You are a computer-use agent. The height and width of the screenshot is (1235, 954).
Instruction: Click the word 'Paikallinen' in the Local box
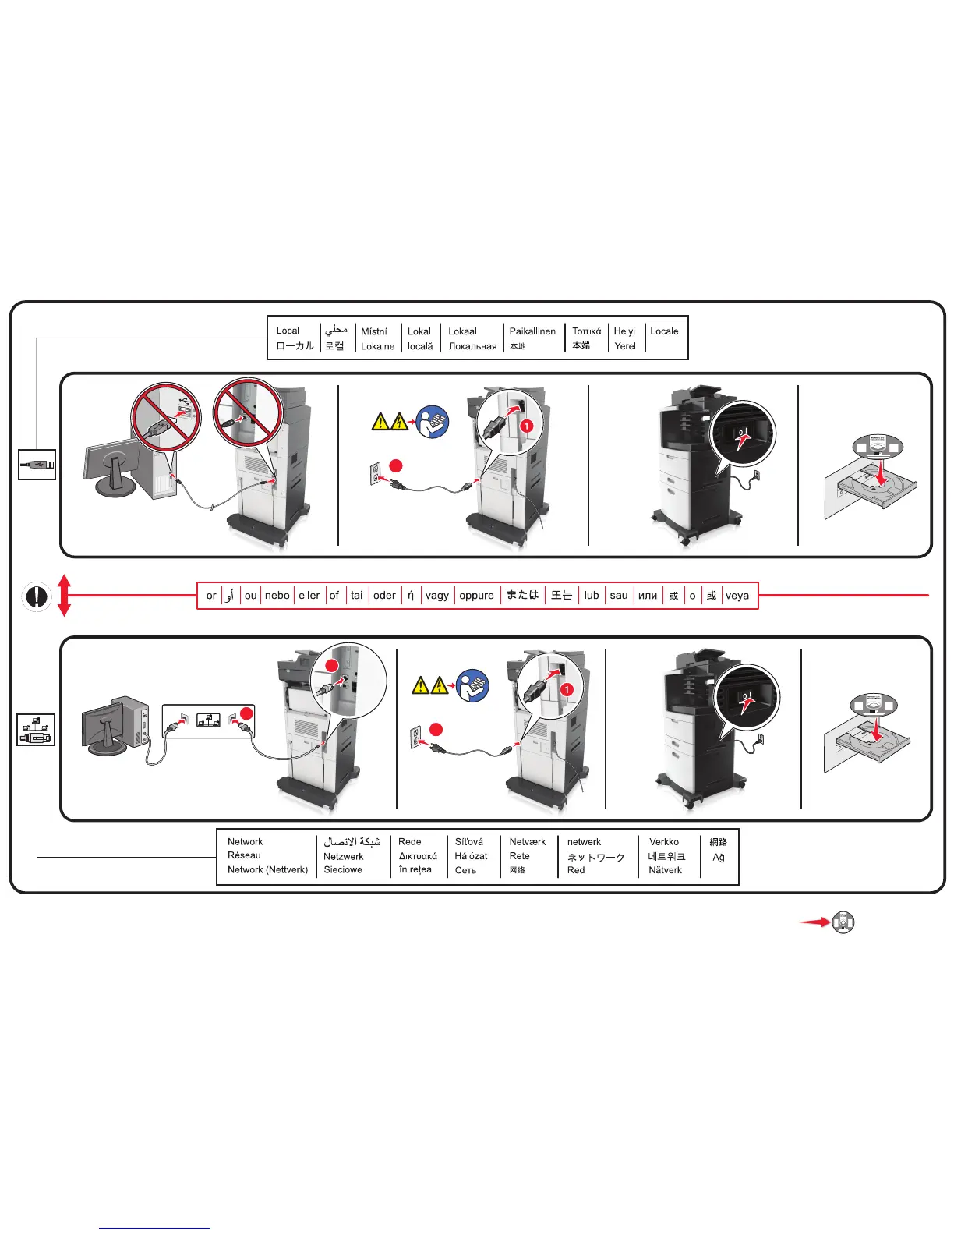coord(532,331)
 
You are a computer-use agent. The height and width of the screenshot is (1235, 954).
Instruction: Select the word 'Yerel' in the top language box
coord(625,346)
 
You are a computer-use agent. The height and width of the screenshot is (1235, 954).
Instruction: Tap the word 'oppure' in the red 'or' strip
coord(476,596)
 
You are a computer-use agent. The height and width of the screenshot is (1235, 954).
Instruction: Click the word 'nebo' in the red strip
coord(277,596)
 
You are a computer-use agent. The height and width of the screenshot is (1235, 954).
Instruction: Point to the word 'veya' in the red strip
coord(737,596)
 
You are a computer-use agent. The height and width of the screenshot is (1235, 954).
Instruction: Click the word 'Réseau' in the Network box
coord(244,855)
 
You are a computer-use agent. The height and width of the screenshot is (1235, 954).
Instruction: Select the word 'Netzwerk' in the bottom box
coord(344,856)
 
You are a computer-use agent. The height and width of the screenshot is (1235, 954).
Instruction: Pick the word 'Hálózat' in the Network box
coord(472,856)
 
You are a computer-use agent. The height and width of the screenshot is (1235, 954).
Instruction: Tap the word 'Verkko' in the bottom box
coord(664,842)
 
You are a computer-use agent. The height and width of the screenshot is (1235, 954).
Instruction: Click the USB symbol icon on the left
coord(37,465)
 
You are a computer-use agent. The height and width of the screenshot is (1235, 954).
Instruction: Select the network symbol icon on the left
coord(36,730)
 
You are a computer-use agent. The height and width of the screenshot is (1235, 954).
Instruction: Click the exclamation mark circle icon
coord(36,596)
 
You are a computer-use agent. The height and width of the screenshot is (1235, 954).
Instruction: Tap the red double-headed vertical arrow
coord(65,596)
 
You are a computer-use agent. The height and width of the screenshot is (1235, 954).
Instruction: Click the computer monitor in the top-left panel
coord(109,468)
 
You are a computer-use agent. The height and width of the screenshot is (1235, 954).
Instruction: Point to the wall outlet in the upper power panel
coord(376,472)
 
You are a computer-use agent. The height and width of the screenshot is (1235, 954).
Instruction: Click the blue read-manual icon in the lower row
coord(473,685)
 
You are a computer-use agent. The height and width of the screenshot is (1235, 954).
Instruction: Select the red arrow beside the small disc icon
coord(814,922)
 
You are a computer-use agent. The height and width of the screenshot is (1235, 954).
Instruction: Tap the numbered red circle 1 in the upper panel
coord(527,426)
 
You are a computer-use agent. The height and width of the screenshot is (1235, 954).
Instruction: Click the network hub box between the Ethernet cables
coord(207,720)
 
